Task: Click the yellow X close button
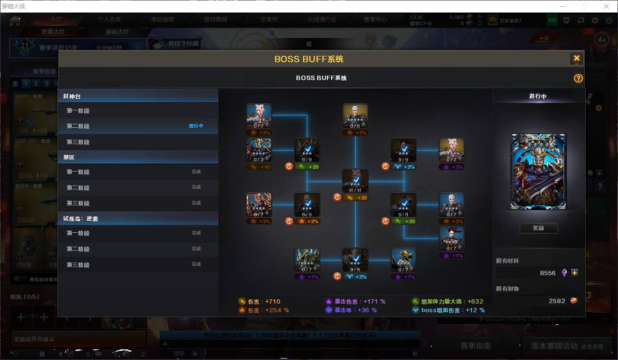tap(576, 59)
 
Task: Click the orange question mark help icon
tap(578, 79)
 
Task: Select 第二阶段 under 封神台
tap(78, 126)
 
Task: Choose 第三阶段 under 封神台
tap(78, 142)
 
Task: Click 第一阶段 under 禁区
tap(78, 172)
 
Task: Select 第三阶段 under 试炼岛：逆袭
tap(78, 265)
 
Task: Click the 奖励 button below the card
tap(538, 228)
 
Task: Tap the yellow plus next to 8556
tap(574, 273)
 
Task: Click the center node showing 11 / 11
tap(355, 181)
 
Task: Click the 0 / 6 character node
tap(355, 116)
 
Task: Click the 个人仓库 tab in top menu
tap(109, 20)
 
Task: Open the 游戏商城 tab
tap(215, 20)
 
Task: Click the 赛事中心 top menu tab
tap(375, 20)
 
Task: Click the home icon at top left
tap(15, 20)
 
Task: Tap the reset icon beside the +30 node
tap(337, 197)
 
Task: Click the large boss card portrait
tap(538, 172)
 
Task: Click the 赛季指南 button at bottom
tap(475, 346)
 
